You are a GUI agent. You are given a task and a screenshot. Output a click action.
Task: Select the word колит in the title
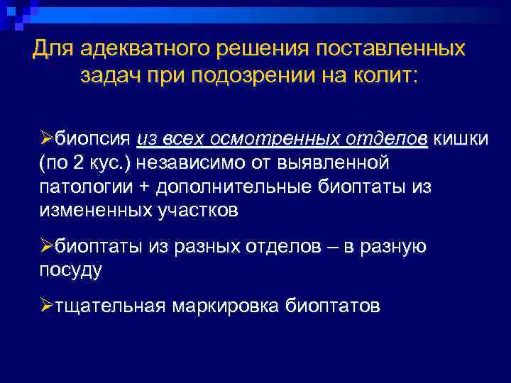click(x=388, y=76)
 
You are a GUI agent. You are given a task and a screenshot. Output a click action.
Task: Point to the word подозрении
click(x=273, y=76)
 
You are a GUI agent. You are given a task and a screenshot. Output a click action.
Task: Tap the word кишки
click(x=461, y=137)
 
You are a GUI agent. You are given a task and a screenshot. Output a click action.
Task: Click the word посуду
click(x=71, y=270)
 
